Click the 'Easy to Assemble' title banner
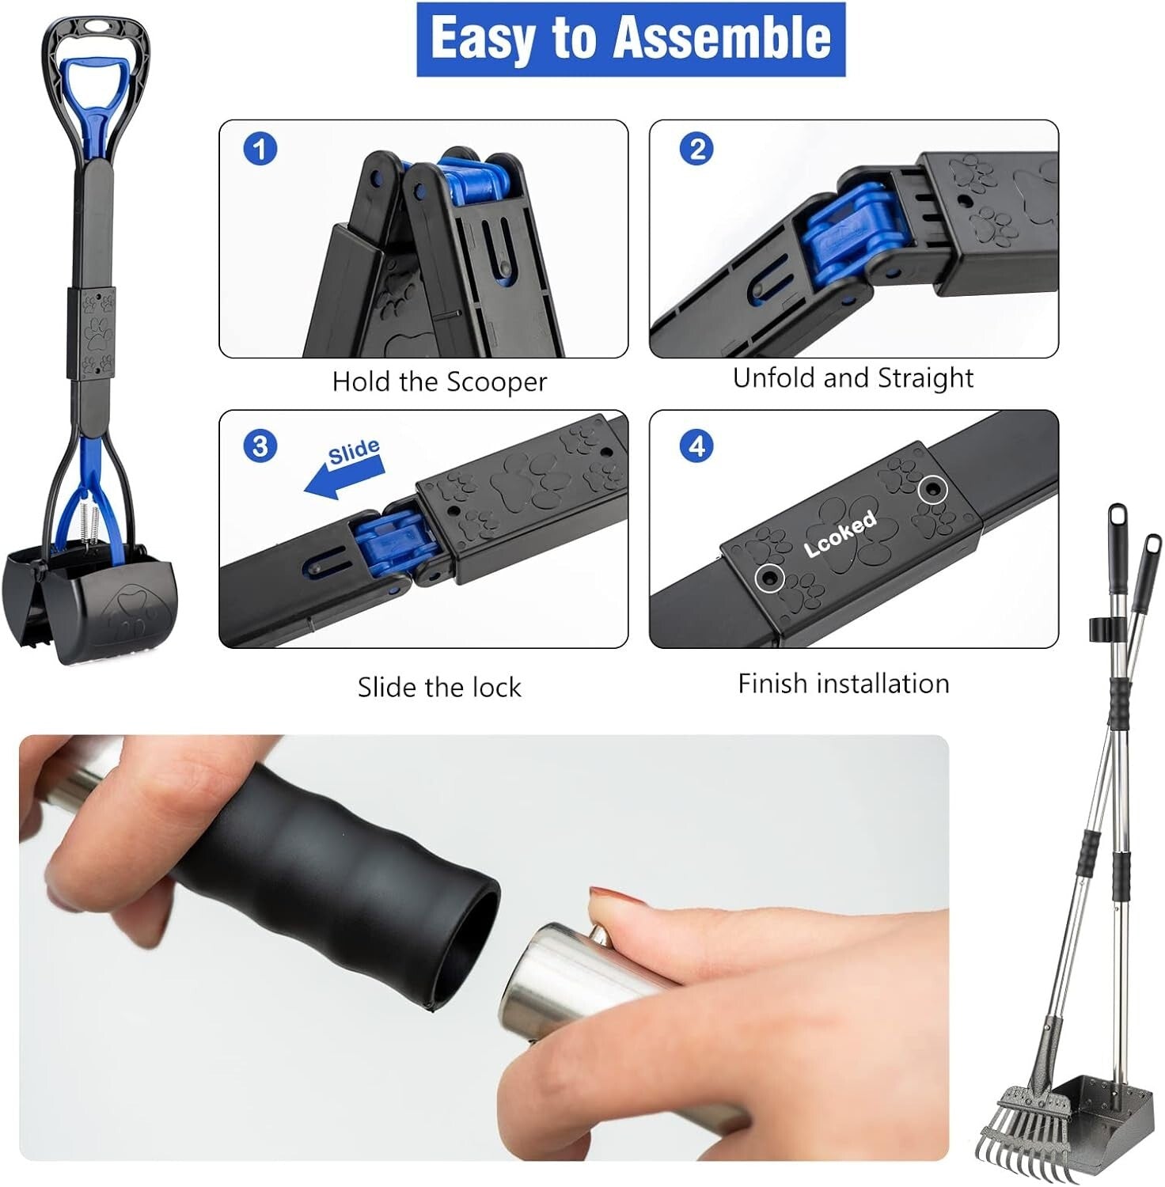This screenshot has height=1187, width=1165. [631, 40]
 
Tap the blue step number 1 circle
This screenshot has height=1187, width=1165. [260, 149]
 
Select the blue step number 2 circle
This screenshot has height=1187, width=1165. [696, 149]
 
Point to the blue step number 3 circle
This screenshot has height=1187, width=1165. [260, 446]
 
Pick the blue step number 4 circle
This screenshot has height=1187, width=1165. [696, 446]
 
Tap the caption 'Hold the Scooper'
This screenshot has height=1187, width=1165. [439, 382]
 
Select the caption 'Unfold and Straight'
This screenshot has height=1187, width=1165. [852, 378]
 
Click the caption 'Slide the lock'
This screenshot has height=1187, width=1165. [439, 687]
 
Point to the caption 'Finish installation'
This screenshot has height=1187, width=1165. [843, 684]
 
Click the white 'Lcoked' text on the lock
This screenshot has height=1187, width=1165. [840, 534]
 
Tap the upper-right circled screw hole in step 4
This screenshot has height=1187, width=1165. [932, 490]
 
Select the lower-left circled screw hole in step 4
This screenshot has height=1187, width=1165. [768, 577]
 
